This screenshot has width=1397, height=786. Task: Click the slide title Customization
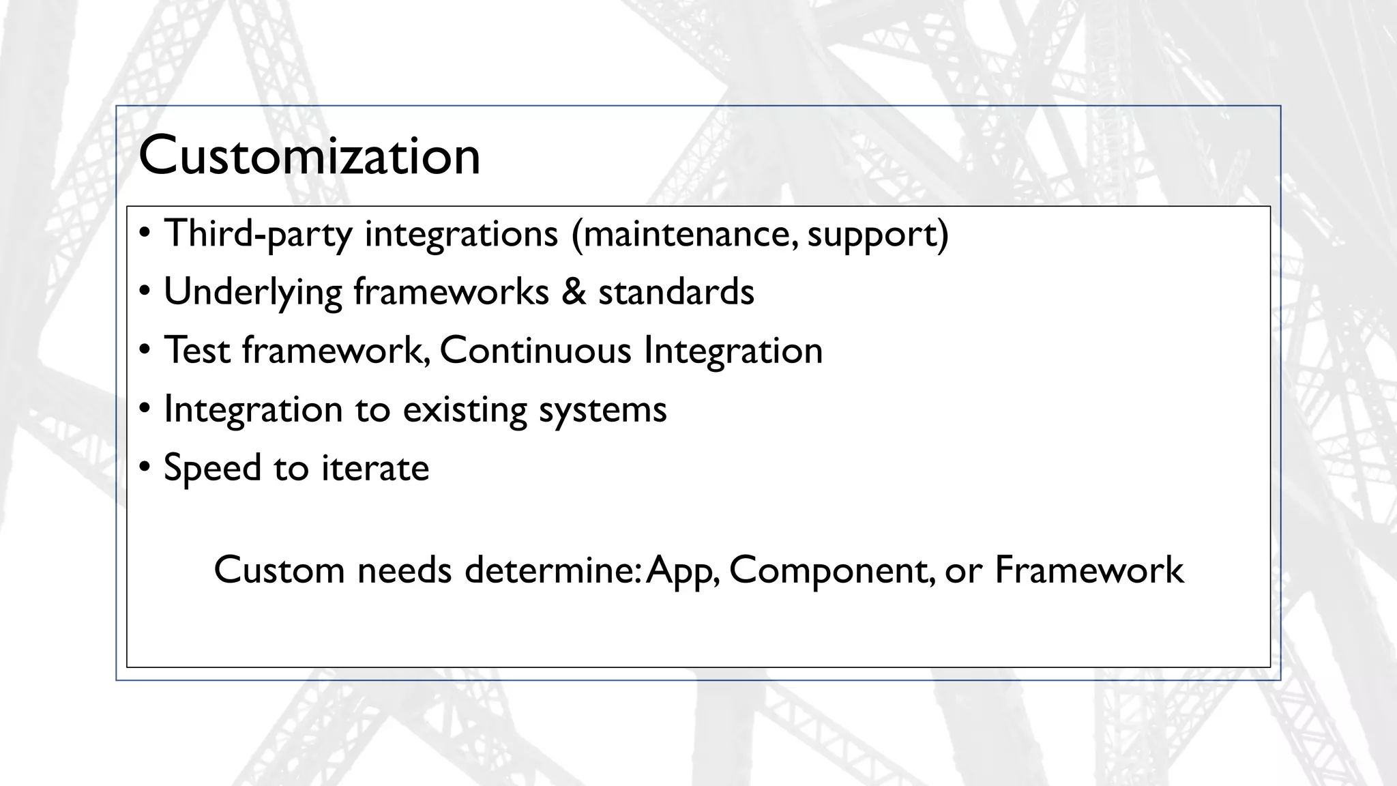[x=309, y=156]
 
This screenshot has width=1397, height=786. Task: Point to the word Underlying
[x=252, y=293]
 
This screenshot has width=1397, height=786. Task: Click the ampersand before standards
[x=574, y=292]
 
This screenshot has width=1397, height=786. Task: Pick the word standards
[x=676, y=292]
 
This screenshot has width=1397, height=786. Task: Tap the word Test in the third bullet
[x=197, y=351]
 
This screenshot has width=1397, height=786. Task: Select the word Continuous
[x=535, y=351]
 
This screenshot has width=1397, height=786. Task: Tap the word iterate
[x=375, y=469]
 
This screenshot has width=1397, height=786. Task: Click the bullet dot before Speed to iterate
[x=144, y=468]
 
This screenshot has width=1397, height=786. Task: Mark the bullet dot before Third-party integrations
[x=144, y=233]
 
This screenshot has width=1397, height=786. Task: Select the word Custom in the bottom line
[x=279, y=570]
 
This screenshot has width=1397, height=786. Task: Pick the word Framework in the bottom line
[x=1089, y=570]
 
